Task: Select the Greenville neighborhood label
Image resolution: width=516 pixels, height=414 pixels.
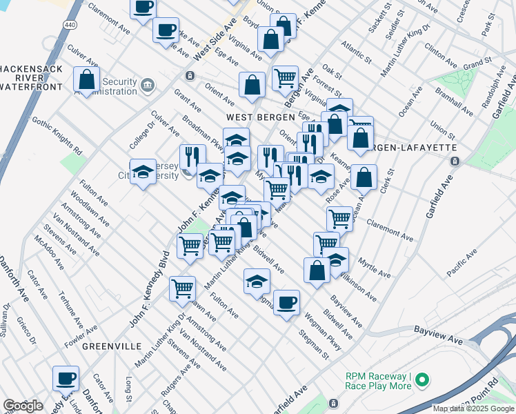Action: (x=112, y=345)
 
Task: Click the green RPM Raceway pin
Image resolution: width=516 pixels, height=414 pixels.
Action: (x=423, y=380)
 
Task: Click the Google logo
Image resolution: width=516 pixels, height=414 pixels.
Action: (x=23, y=405)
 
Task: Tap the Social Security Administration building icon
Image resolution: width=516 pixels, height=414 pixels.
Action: (x=147, y=86)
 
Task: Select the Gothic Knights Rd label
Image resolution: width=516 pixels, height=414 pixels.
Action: (x=66, y=138)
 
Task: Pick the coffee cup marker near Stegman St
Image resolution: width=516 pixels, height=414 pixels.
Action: (x=287, y=302)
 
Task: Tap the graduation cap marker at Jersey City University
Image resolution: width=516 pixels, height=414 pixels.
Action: (x=143, y=172)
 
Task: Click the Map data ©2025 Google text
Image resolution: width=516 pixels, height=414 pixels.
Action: (x=473, y=408)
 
